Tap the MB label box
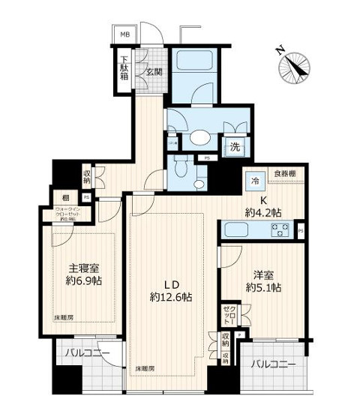pos(121,34)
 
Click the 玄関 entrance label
pos(153,71)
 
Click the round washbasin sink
pos(199,136)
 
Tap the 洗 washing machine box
pos(234,147)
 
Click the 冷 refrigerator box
pos(255,180)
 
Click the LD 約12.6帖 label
pos(171,290)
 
